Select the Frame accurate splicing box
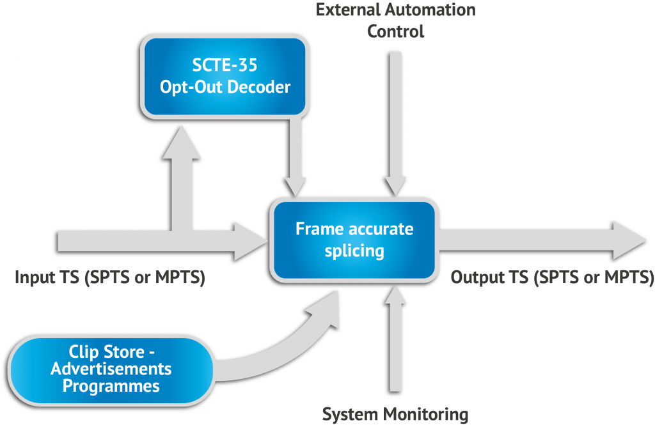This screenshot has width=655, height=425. [354, 240]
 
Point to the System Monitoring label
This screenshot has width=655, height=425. [395, 414]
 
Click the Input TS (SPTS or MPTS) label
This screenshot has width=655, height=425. [109, 278]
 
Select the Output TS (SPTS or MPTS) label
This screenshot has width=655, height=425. [552, 278]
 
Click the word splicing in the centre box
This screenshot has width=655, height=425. [354, 251]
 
